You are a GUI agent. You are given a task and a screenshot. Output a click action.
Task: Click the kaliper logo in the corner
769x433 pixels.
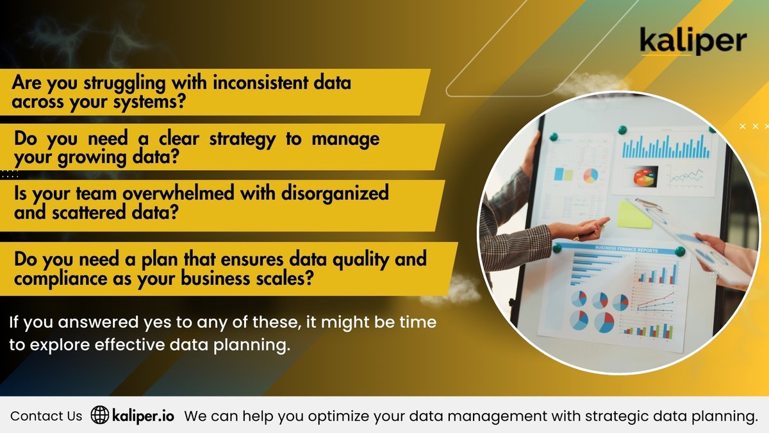pyautogui.click(x=693, y=42)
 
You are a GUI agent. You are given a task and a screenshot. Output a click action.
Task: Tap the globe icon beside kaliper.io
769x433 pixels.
pyautogui.click(x=99, y=415)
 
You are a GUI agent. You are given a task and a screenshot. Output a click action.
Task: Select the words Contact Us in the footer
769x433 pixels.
pyautogui.click(x=46, y=416)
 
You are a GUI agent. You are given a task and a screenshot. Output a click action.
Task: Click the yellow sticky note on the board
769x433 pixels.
pyautogui.click(x=634, y=215)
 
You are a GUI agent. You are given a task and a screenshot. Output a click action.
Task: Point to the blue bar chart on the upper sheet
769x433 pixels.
pyautogui.click(x=666, y=146)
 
